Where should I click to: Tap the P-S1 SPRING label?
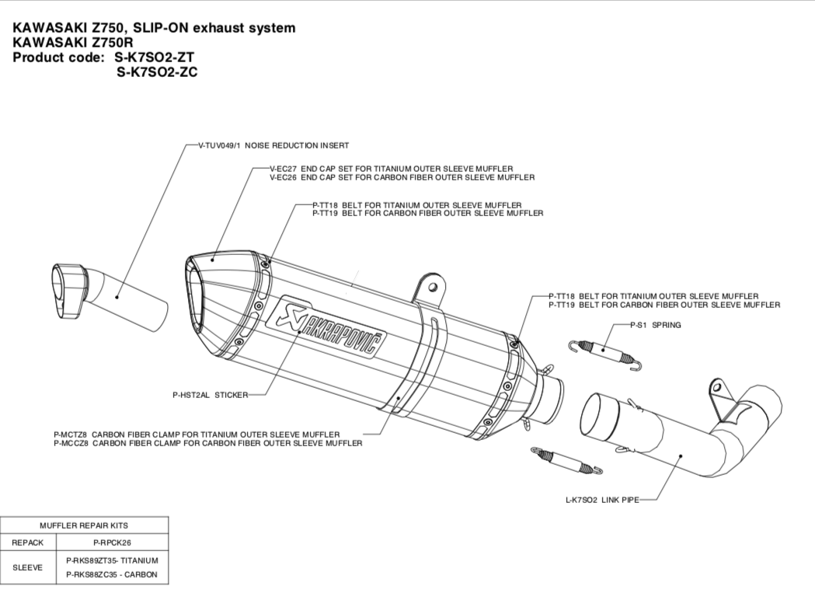pos(656,325)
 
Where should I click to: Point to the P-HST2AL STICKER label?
pos(209,395)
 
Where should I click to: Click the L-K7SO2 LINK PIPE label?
pos(601,500)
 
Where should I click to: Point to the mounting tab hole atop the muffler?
pos(432,288)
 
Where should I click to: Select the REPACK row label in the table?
pos(28,543)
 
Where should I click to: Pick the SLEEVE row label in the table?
pos(28,567)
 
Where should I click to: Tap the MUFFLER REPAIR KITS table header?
pos(84,525)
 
